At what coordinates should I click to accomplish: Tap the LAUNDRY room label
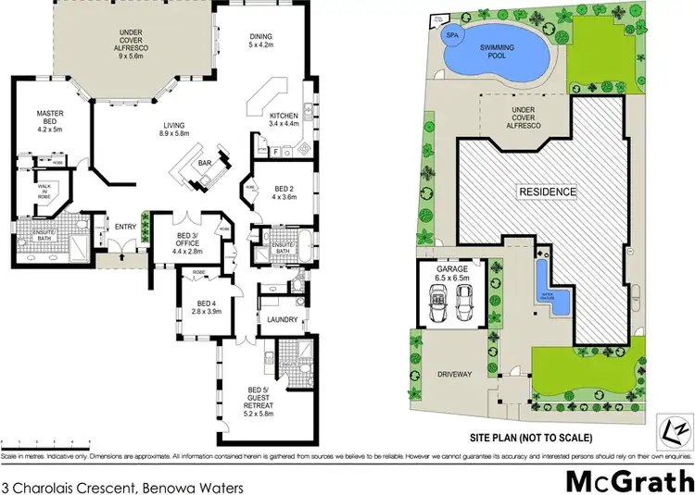[281, 320]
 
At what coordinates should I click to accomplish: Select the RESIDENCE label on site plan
[547, 192]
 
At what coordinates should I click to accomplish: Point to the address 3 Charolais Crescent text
[88, 484]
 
